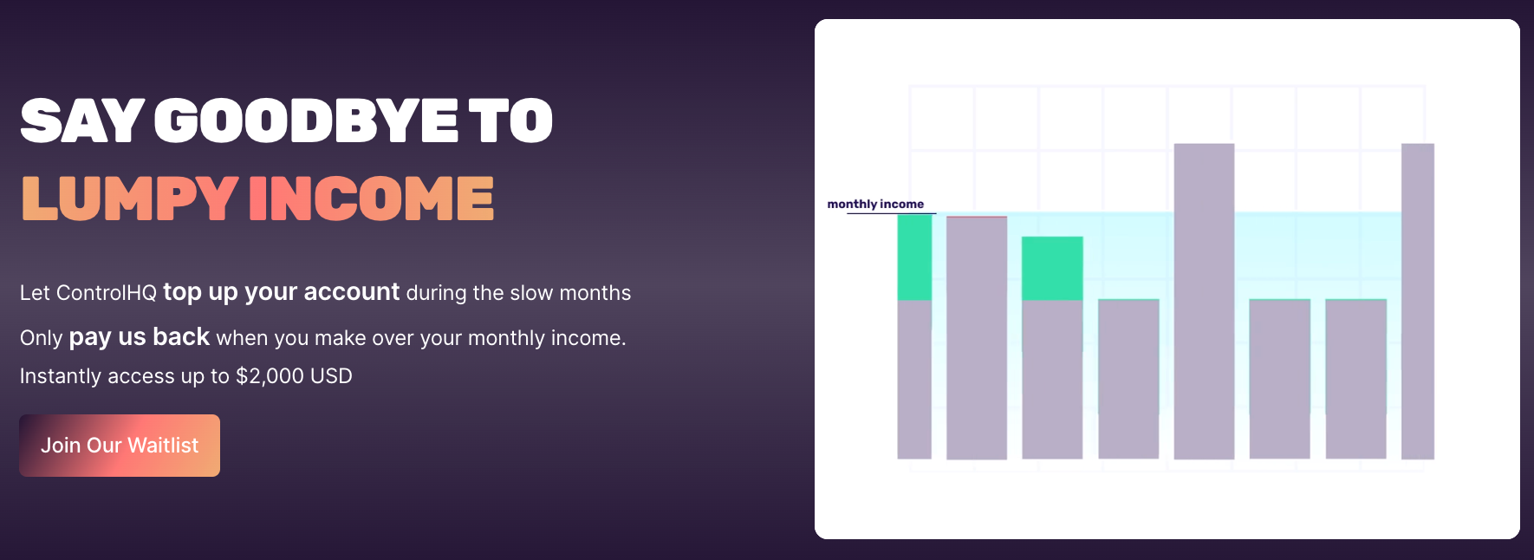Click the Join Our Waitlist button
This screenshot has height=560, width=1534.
click(120, 446)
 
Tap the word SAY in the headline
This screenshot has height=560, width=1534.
click(81, 120)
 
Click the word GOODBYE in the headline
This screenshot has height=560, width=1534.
click(306, 120)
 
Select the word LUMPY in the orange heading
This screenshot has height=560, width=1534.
click(129, 199)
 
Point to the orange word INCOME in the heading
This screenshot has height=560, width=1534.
click(372, 199)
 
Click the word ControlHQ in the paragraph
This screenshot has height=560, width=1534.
click(106, 293)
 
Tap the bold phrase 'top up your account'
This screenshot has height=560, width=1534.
click(282, 292)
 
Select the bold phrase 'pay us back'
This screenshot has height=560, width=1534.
click(139, 337)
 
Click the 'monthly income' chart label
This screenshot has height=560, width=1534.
click(875, 205)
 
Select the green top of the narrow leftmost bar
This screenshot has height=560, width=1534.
click(914, 257)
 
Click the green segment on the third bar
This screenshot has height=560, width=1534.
click(1052, 269)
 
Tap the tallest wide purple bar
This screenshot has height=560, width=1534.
click(1204, 301)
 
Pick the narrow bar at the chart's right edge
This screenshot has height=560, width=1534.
click(1418, 301)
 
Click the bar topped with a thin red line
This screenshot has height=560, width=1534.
click(977, 337)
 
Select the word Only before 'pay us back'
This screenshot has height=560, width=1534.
click(42, 338)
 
